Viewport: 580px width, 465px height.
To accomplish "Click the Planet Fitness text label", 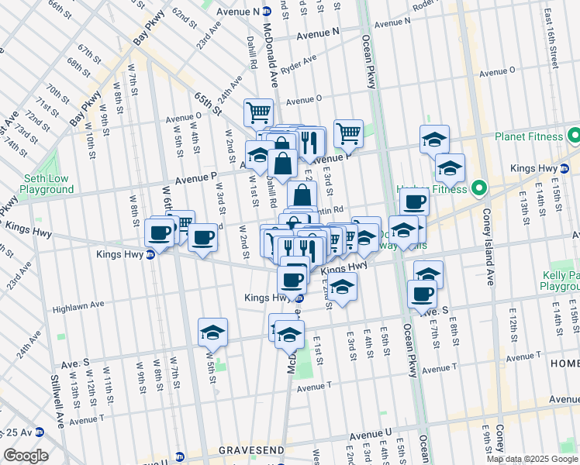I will point(529,136).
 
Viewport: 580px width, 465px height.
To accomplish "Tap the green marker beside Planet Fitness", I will point(574,137).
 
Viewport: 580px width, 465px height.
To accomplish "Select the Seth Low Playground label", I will point(47,184).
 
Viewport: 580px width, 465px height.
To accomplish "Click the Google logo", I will point(26,456).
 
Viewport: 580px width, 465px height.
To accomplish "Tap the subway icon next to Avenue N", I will point(266,12).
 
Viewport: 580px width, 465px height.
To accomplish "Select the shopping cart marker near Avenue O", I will point(258,112).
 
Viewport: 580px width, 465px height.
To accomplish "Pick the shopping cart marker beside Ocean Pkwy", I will point(349,133).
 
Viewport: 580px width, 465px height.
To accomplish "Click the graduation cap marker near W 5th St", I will point(212,332).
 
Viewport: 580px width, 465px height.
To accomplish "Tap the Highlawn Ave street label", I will point(78,306).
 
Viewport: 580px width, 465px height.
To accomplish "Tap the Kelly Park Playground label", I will point(560,280).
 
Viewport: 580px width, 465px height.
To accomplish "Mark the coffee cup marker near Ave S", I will point(422,294).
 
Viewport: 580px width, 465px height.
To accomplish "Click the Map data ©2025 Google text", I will point(532,459).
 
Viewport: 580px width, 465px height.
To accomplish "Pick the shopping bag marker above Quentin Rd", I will point(302,195).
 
